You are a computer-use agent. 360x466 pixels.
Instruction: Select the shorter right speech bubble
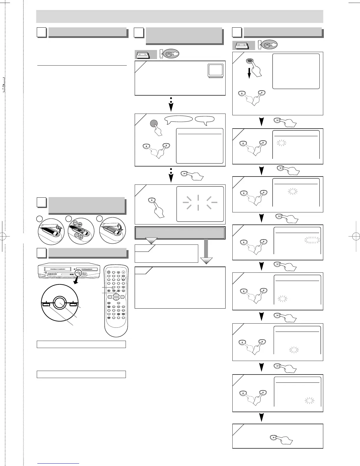point(205,119)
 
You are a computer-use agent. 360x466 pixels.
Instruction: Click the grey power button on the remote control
point(109,272)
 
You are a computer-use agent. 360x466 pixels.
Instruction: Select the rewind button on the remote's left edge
point(109,297)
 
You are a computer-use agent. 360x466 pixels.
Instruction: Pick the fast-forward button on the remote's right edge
point(122,297)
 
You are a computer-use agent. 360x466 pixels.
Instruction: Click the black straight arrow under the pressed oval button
point(249,72)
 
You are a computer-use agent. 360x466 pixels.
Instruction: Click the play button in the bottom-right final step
point(274,437)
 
